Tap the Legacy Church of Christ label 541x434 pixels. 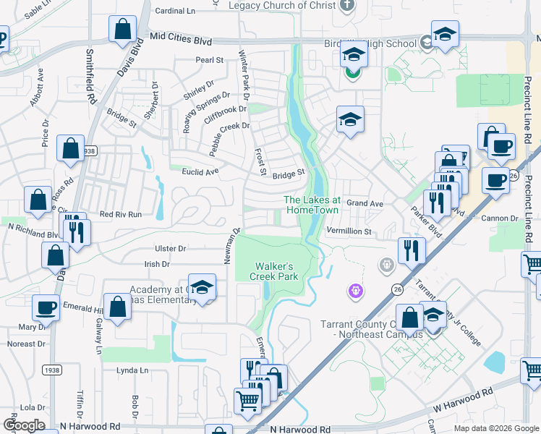[x=282, y=6]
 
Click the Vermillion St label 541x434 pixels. [x=349, y=231]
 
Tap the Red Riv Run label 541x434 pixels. [x=120, y=215]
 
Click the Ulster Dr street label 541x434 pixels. [x=171, y=248]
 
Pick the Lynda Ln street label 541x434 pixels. [x=132, y=370]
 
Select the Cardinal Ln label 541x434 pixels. [x=176, y=12]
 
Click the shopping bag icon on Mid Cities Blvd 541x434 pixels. [x=123, y=30]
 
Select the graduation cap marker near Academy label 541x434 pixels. [x=203, y=287]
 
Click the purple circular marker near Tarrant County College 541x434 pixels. [x=355, y=292]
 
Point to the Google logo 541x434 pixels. [x=24, y=426]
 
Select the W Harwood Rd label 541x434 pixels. [x=464, y=400]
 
